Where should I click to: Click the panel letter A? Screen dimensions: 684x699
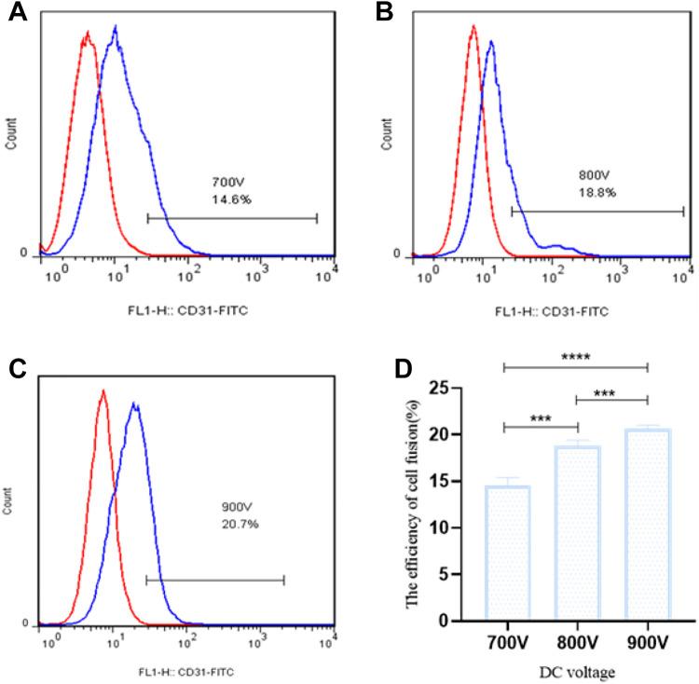coord(16,16)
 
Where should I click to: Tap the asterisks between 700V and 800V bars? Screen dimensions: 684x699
coord(541,420)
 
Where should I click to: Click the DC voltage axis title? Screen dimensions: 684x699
coord(578,669)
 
